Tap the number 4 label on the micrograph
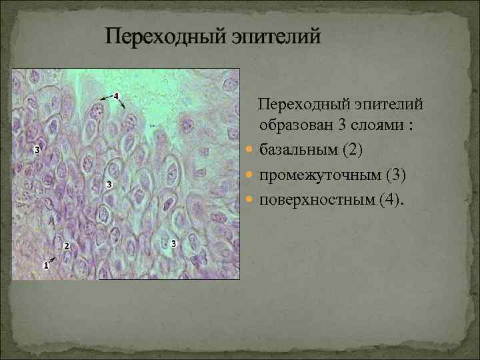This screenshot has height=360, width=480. coord(116,96)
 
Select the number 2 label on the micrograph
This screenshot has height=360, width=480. coord(66,246)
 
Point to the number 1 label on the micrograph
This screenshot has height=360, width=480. coord(45,265)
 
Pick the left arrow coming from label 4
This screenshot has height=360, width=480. coord(105,98)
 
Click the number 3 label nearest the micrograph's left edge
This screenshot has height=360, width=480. coord(37,149)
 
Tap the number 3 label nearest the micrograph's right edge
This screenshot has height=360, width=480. coord(174,243)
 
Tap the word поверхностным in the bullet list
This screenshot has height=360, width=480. coord(316,199)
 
